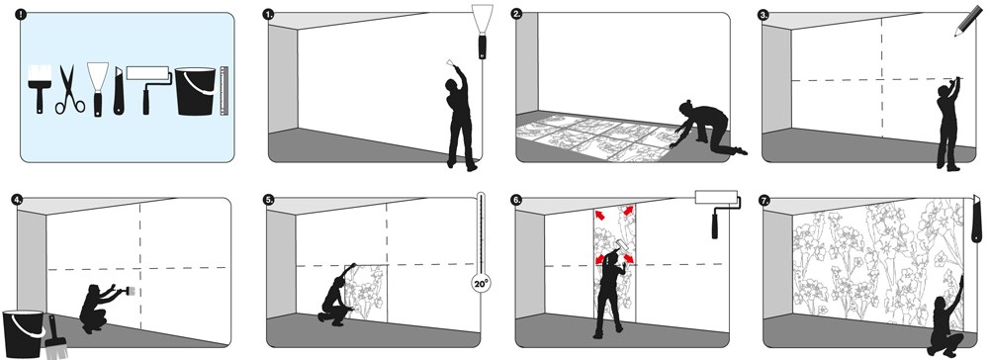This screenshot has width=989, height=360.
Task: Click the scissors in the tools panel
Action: coord(69,91)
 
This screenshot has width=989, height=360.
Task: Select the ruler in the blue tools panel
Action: coord(224,91)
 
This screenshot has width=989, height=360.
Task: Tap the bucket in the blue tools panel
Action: coord(196,91)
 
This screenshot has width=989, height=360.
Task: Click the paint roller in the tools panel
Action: coord(149,89)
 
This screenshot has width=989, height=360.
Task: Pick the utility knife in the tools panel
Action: coord(118,92)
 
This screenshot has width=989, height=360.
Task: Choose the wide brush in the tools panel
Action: coord(40,89)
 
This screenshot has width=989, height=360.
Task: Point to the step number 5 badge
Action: coord(269,200)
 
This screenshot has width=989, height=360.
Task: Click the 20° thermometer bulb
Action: coord(481,284)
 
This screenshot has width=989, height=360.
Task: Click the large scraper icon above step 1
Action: coord(483,32)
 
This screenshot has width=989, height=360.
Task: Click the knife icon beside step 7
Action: coord(977,219)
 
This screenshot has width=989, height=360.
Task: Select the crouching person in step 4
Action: coord(101,308)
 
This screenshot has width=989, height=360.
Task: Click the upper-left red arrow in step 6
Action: coord(599,216)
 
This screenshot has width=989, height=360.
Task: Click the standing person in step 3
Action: coord(948,125)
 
